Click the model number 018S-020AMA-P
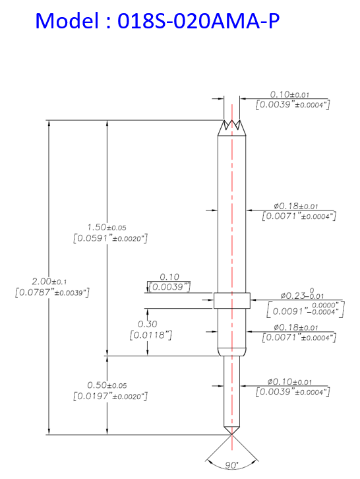click(x=198, y=20)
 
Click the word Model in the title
click(x=67, y=20)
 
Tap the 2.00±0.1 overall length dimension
click(x=49, y=281)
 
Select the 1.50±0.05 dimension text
click(x=107, y=227)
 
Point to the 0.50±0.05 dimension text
click(x=107, y=385)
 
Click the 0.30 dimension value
click(x=147, y=324)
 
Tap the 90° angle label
click(x=231, y=465)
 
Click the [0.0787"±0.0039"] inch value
click(x=52, y=292)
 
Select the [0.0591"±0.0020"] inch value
click(x=110, y=238)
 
